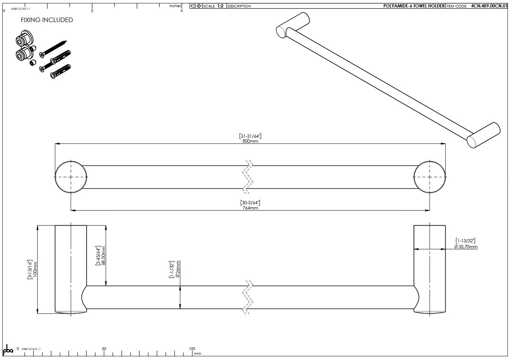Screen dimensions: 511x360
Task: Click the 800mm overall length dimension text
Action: point(250,141)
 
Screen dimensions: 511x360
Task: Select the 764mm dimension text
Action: point(250,208)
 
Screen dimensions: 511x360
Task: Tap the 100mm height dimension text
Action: point(35,269)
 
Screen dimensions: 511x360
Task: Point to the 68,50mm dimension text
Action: point(103,255)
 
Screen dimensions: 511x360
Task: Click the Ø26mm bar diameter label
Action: point(178,269)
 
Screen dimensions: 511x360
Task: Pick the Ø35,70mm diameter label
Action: point(465,246)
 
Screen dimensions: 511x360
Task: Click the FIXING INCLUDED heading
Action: point(47,20)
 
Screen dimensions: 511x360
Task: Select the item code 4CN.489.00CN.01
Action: point(489,6)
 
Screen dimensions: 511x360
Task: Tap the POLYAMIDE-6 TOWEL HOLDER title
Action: point(414,6)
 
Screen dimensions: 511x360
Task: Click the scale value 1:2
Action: point(220,6)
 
